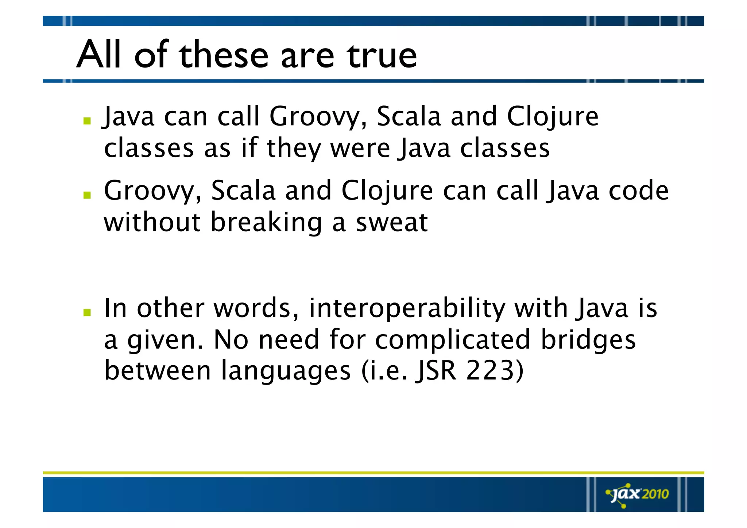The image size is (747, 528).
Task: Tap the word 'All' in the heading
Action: pos(98,55)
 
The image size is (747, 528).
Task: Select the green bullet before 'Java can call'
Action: pos(87,121)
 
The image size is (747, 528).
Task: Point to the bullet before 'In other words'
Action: pos(87,312)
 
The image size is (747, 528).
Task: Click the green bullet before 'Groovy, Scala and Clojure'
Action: pos(87,195)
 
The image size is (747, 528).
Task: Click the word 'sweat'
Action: pos(391,223)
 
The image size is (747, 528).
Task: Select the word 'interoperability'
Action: pos(407,309)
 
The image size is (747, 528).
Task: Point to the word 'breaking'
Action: pos(266,223)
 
